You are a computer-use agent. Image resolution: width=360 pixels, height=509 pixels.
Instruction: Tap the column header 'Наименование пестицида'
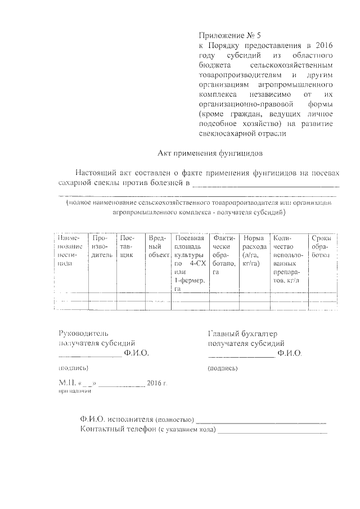point(70,251)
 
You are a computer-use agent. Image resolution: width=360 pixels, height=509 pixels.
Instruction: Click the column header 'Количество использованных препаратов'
point(289,259)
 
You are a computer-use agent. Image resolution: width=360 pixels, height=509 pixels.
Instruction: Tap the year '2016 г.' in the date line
point(157,383)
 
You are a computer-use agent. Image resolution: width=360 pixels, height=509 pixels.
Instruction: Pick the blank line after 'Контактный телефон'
point(272,432)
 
